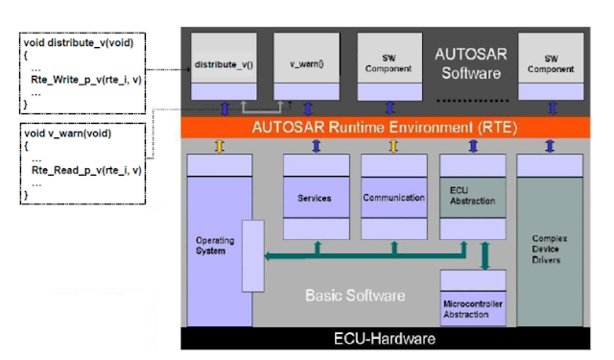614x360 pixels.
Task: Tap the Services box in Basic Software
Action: tap(315, 199)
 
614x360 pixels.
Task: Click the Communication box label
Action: tap(393, 199)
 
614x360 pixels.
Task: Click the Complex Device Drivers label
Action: tap(550, 247)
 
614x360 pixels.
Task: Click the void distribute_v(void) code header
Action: tap(78, 42)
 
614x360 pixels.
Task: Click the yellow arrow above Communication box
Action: tap(393, 146)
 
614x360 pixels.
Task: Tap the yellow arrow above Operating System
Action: tap(219, 146)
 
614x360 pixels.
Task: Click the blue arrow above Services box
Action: tap(316, 146)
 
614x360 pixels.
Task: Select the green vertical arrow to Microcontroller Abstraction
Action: tap(485, 256)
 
